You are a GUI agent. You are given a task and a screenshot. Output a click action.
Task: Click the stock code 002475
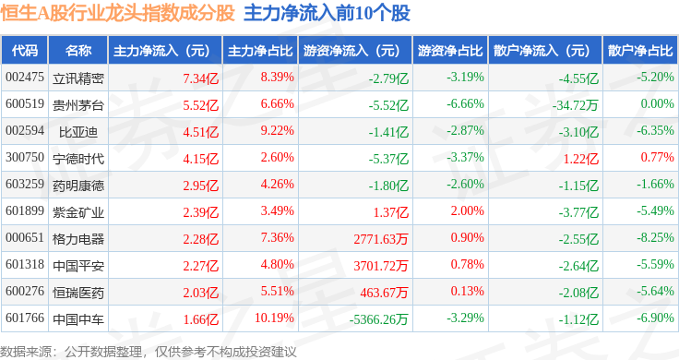pos(25,78)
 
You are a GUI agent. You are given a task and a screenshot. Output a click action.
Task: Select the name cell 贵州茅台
pos(77,105)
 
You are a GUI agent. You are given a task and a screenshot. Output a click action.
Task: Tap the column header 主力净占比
pos(260,51)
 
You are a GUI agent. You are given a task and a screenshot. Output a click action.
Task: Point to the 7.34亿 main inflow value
pos(200,78)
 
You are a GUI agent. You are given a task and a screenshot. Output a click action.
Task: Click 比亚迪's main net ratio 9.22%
pos(277,130)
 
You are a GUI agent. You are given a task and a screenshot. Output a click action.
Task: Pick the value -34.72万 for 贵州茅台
pos(576,105)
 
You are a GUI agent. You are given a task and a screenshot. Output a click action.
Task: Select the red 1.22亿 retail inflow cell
pos(580,159)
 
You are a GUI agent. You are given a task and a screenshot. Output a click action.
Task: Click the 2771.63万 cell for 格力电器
pos(381,239)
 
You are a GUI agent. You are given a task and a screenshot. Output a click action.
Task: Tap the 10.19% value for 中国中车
pos(274,318)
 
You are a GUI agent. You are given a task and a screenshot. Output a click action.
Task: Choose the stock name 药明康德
pos(77,186)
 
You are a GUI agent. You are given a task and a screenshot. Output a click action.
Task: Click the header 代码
pos(25,51)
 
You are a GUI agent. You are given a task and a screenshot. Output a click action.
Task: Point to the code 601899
pos(25,211)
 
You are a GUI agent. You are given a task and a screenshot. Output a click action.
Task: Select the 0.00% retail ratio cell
pos(658,103)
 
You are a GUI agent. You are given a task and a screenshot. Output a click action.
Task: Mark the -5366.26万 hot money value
pos(378,319)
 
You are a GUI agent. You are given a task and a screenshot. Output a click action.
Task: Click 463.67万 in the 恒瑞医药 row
pos(384,293)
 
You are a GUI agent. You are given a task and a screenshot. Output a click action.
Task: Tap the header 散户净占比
pos(640,51)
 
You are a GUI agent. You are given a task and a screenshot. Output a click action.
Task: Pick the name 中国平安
pos(77,266)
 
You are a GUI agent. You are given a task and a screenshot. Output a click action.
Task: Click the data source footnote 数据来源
pos(26,352)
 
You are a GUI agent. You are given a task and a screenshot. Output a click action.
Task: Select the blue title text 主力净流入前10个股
pos(327,14)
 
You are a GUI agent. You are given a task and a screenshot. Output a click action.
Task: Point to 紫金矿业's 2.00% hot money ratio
pos(467,211)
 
